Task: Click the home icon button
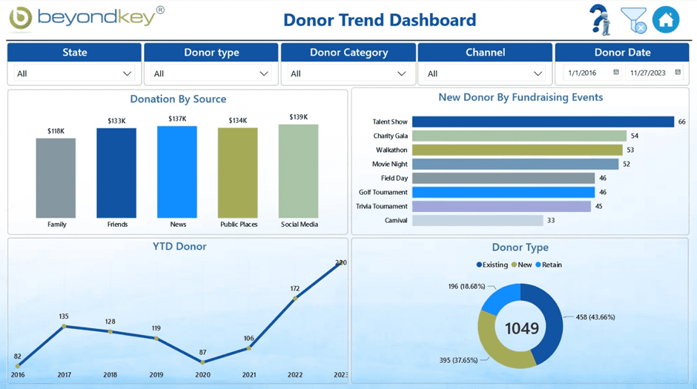click(665, 20)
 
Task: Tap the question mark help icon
click(600, 20)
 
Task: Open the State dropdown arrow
click(127, 73)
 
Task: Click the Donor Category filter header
click(348, 53)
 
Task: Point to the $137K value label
click(177, 119)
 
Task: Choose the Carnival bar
click(478, 220)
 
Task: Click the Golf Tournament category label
click(383, 193)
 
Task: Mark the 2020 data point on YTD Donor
click(202, 362)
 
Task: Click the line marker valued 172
click(295, 299)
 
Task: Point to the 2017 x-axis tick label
click(64, 376)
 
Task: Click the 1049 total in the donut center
click(521, 327)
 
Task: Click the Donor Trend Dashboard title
click(380, 20)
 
